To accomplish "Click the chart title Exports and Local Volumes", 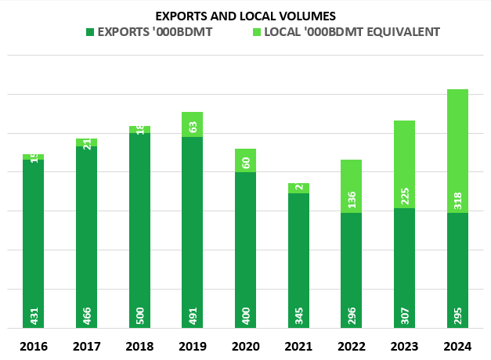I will pyautogui.click(x=245, y=16).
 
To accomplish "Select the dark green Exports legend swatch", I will pyautogui.click(x=90, y=32).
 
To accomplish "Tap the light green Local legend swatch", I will pyautogui.click(x=256, y=32).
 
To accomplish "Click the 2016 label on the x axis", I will pyautogui.click(x=33, y=346).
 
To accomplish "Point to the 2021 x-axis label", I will pyautogui.click(x=298, y=346).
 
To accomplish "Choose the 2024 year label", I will pyautogui.click(x=457, y=346).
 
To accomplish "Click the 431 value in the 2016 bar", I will pyautogui.click(x=34, y=316).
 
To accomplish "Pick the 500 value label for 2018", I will pyautogui.click(x=139, y=316).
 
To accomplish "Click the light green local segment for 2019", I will pyautogui.click(x=193, y=124).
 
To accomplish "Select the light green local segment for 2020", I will pyautogui.click(x=246, y=160).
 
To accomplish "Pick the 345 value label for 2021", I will pyautogui.click(x=298, y=316).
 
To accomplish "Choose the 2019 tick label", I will pyautogui.click(x=193, y=346).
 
